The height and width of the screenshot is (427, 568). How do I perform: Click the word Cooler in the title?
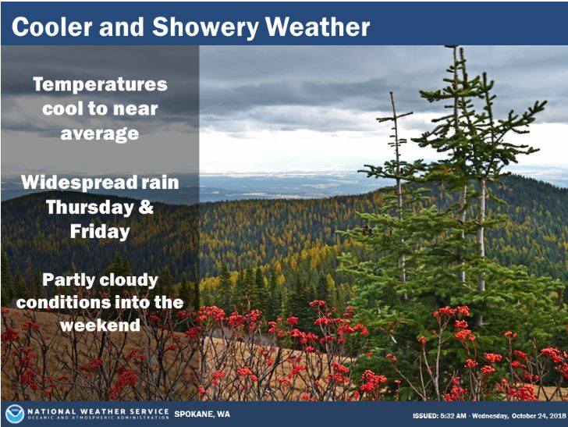pyautogui.click(x=52, y=27)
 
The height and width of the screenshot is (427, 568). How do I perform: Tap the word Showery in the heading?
pyautogui.click(x=205, y=27)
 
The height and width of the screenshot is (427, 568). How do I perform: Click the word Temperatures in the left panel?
pyautogui.click(x=100, y=85)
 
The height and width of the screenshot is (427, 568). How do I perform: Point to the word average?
pyautogui.click(x=100, y=133)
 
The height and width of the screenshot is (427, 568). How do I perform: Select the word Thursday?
pyautogui.click(x=90, y=208)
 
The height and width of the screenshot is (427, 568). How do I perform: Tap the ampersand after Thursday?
pyautogui.click(x=146, y=207)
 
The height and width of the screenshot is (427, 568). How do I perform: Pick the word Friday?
pyautogui.click(x=100, y=232)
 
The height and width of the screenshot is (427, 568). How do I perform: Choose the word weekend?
pyautogui.click(x=100, y=325)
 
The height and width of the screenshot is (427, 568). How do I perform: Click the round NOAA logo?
pyautogui.click(x=15, y=415)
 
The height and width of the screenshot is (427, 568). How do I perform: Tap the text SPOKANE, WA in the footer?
pyautogui.click(x=202, y=414)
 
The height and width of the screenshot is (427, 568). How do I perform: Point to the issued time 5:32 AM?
pyautogui.click(x=453, y=416)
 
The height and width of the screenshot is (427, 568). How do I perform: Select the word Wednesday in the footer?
pyautogui.click(x=490, y=416)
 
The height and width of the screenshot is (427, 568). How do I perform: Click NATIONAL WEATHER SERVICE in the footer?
pyautogui.click(x=98, y=411)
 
